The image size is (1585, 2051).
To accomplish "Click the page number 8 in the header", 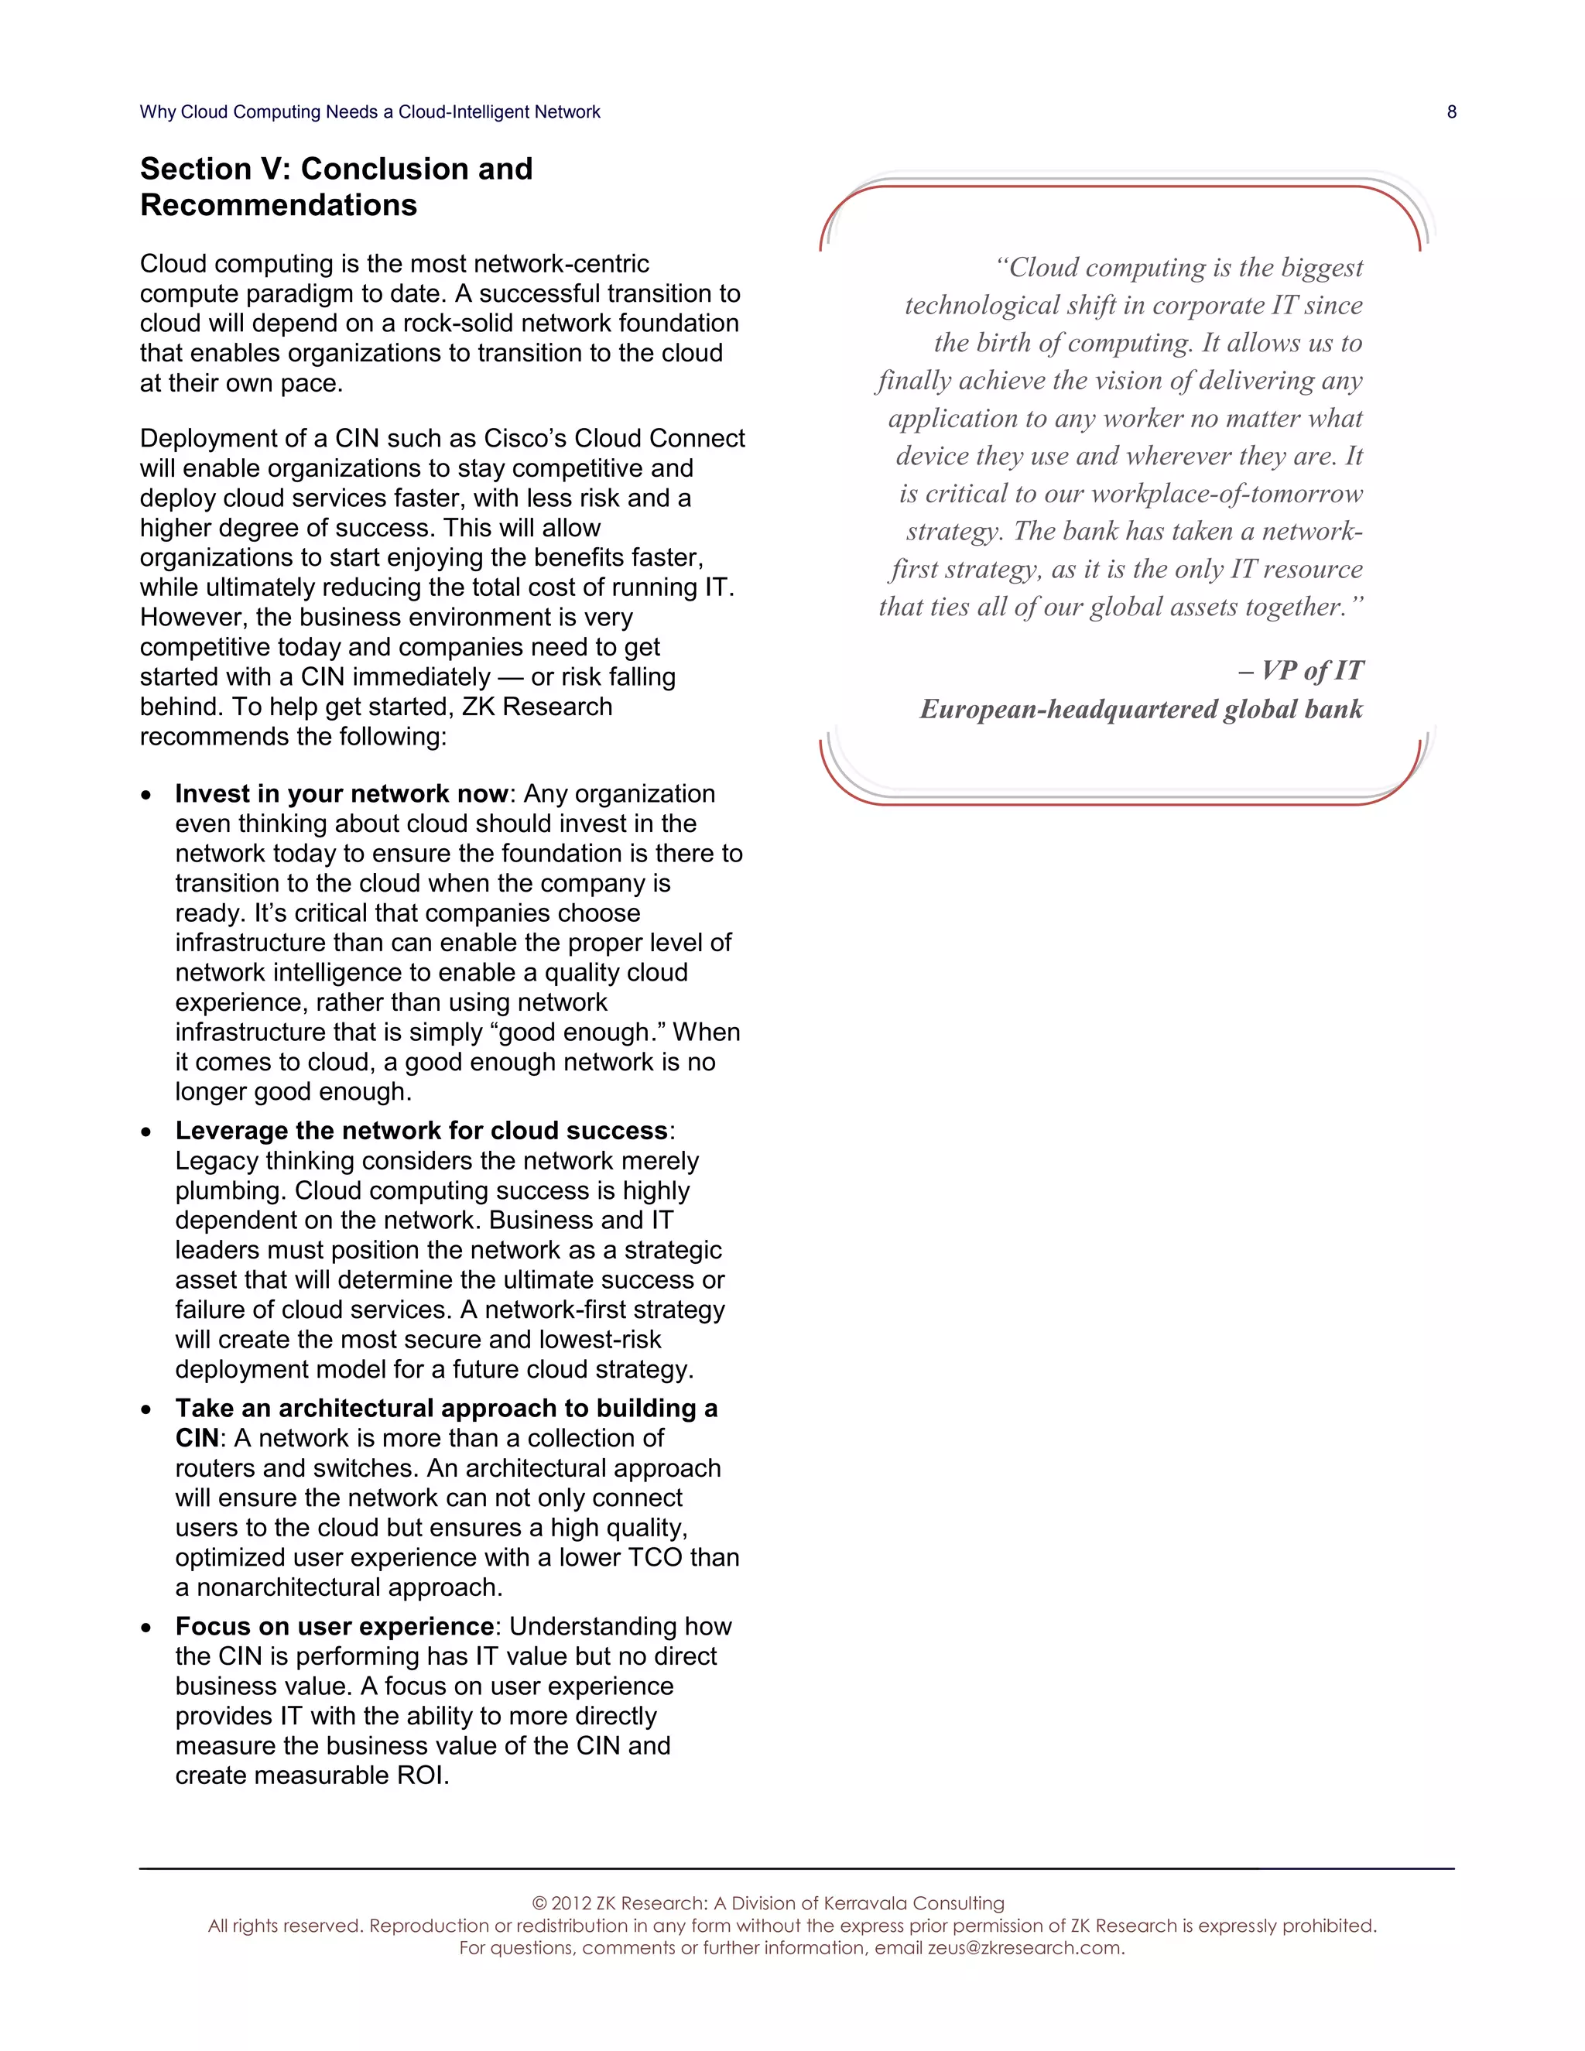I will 1451,111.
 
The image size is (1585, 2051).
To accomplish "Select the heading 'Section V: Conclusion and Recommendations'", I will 336,186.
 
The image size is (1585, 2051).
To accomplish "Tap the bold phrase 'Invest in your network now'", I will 341,793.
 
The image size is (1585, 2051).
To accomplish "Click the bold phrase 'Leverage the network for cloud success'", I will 421,1131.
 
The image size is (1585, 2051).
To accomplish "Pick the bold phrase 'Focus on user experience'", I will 334,1627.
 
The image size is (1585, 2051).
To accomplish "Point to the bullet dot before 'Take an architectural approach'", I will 145,1409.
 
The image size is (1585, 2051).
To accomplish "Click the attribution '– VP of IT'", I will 1300,670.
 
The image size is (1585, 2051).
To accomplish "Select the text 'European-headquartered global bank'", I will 1141,709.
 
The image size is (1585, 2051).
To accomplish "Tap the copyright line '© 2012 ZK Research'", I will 767,1904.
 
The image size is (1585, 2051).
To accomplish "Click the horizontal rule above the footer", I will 796,1869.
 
